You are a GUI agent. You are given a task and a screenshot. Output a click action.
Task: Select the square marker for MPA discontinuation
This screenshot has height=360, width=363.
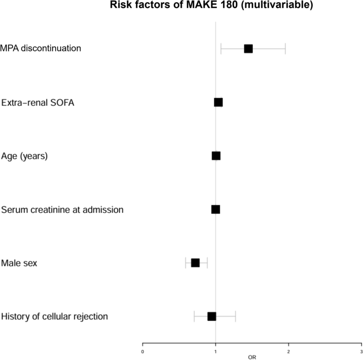point(248,49)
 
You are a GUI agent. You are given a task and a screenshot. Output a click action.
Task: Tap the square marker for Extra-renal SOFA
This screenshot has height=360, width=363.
point(218,102)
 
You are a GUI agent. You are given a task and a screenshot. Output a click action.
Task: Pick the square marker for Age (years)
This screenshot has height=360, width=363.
point(216,156)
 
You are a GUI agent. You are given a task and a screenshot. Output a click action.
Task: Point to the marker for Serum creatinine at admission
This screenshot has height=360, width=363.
point(216,209)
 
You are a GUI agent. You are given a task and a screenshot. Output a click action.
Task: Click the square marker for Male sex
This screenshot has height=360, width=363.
point(195,263)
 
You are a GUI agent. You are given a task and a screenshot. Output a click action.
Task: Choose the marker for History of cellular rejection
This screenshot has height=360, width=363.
point(212,316)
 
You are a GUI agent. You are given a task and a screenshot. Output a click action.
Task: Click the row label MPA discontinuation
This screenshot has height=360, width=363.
point(41,49)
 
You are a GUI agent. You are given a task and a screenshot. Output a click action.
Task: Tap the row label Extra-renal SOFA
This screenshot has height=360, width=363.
point(38,103)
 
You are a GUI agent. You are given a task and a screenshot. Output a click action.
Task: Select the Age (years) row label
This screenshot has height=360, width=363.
point(24,156)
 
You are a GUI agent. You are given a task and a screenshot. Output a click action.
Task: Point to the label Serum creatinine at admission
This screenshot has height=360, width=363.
point(62,210)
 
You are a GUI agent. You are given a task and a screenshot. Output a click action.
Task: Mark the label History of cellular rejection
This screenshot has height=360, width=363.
point(55,317)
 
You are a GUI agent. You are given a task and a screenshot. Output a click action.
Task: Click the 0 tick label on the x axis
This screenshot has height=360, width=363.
point(143,351)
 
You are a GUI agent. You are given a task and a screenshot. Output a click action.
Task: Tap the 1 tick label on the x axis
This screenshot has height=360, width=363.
point(216,351)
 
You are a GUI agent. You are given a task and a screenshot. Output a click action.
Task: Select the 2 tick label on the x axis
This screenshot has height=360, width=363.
point(288,351)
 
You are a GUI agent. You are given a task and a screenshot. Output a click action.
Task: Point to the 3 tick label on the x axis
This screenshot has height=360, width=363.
point(361,351)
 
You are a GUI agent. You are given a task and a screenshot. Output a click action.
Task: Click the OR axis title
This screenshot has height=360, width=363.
point(252,357)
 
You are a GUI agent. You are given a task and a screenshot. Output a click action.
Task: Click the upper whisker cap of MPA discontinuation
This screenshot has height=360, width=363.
point(286,49)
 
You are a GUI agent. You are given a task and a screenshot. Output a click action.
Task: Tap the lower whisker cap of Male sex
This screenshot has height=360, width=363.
point(186,263)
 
